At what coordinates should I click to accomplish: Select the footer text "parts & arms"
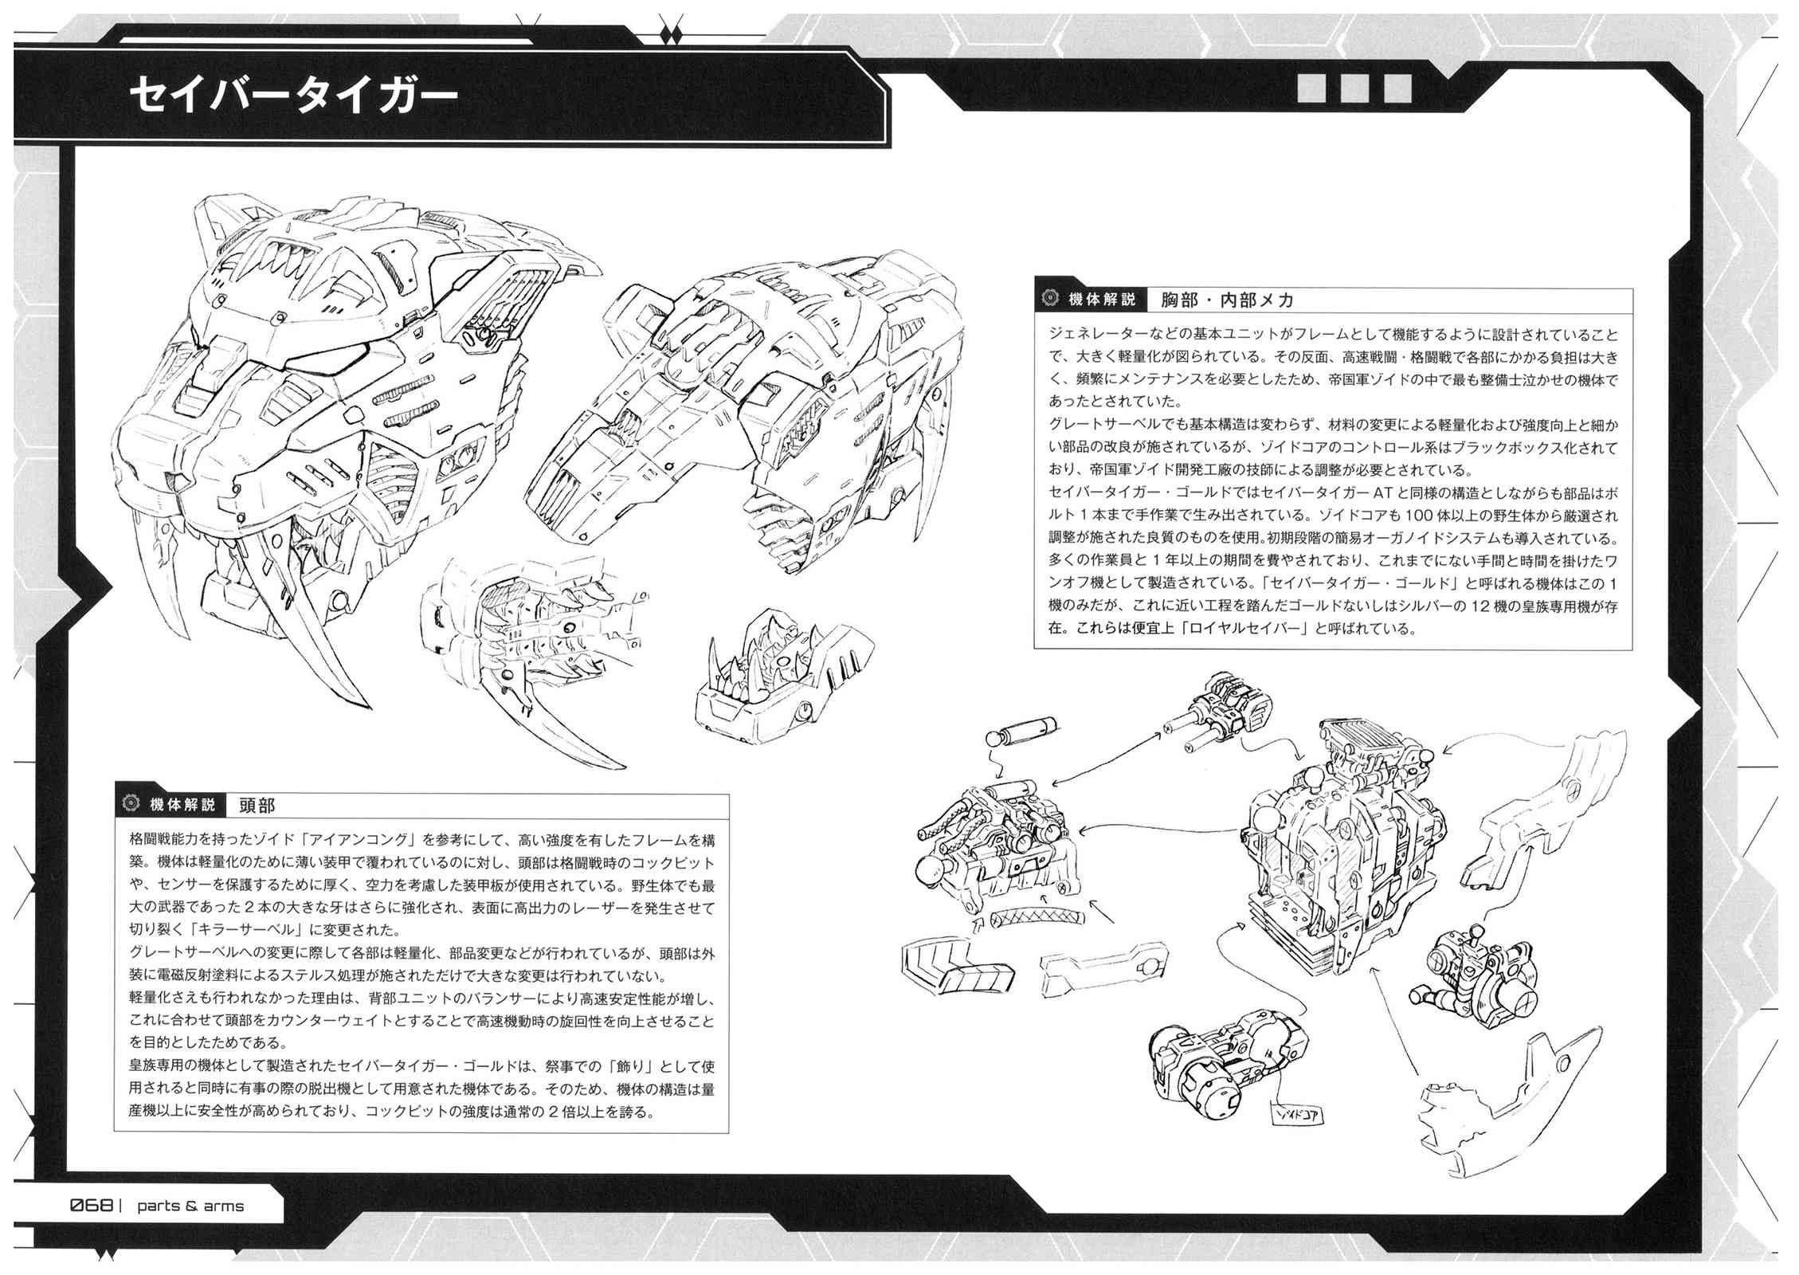pyautogui.click(x=190, y=1206)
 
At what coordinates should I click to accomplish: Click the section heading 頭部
pyautogui.click(x=257, y=806)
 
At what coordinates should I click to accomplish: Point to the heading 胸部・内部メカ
pyautogui.click(x=1228, y=300)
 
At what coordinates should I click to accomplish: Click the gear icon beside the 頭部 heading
pyautogui.click(x=131, y=805)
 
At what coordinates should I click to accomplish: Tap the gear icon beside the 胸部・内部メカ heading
pyautogui.click(x=1049, y=300)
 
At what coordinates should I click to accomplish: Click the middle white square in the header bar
pyautogui.click(x=1354, y=88)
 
